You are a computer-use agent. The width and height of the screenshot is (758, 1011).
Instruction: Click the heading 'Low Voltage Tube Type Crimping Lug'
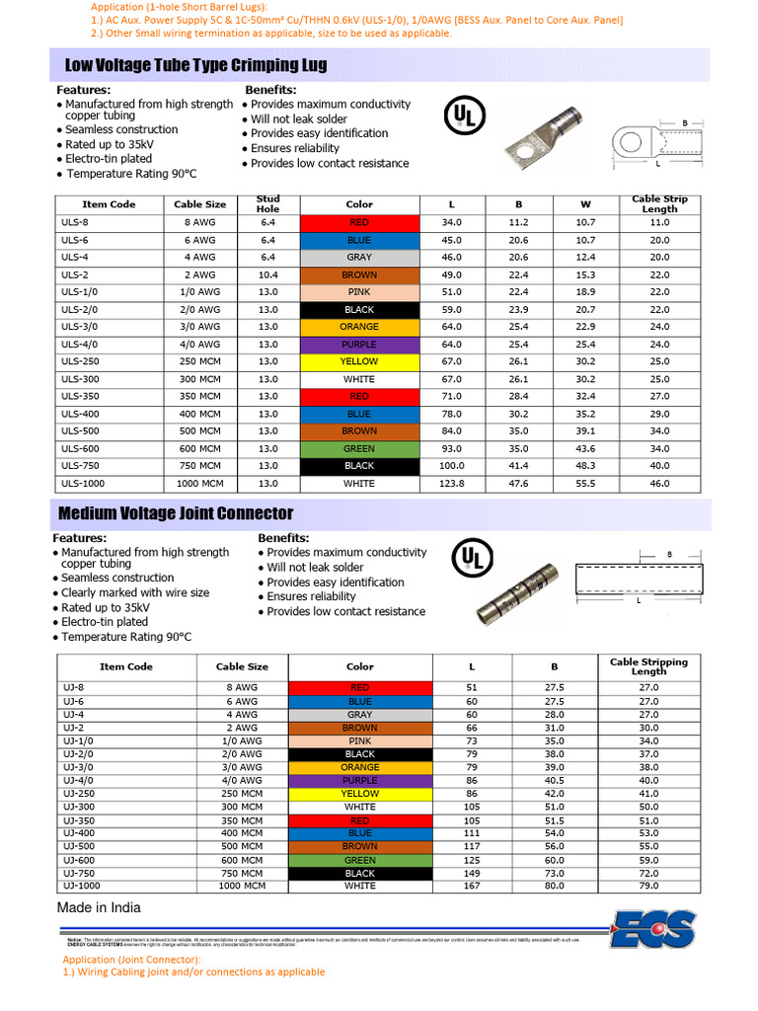[195, 65]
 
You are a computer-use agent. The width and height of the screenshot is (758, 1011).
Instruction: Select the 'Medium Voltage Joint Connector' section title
[176, 513]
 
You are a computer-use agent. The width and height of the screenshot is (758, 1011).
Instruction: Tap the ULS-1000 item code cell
[83, 484]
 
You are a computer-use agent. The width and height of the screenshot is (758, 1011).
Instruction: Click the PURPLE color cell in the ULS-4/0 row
[359, 345]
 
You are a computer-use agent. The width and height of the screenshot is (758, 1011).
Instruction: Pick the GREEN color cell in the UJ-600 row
[359, 860]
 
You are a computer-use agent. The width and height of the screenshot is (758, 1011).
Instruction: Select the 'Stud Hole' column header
[267, 204]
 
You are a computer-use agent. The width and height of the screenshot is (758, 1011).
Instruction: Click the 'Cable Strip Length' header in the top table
[659, 204]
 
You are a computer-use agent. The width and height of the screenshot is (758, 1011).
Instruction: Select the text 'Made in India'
[99, 907]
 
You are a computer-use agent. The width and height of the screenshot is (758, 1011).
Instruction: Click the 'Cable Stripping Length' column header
[648, 666]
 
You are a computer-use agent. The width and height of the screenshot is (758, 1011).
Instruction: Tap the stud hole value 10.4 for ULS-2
[267, 274]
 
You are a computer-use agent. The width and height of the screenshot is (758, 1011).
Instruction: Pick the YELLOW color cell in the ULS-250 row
[359, 361]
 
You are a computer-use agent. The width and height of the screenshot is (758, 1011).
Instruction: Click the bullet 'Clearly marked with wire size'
[135, 592]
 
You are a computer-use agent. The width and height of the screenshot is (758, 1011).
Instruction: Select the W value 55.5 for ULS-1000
[585, 484]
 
